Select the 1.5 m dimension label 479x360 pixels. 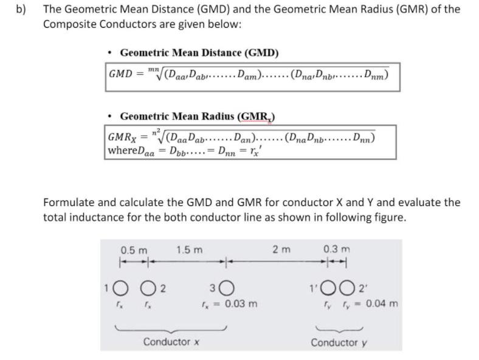click(x=190, y=250)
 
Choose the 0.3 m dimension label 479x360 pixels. click(x=337, y=250)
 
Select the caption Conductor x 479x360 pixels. click(x=171, y=342)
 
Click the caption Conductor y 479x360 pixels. click(x=339, y=342)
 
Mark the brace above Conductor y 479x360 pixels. click(x=339, y=328)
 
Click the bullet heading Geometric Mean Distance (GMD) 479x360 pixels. click(x=199, y=53)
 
